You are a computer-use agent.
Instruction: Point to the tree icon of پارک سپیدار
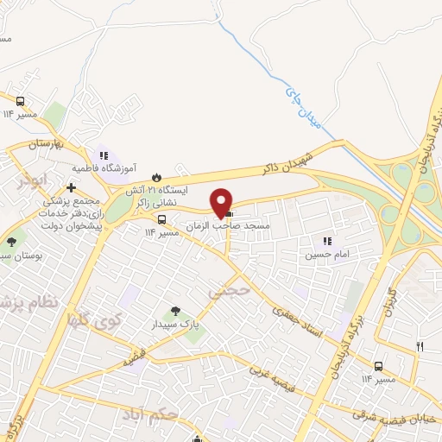tap(176, 310)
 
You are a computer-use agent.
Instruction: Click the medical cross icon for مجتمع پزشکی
tap(71, 186)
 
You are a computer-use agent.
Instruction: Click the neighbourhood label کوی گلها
tap(89, 320)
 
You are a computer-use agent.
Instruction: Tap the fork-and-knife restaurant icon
tap(420, 346)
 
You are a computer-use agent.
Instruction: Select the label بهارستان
tap(35, 142)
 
